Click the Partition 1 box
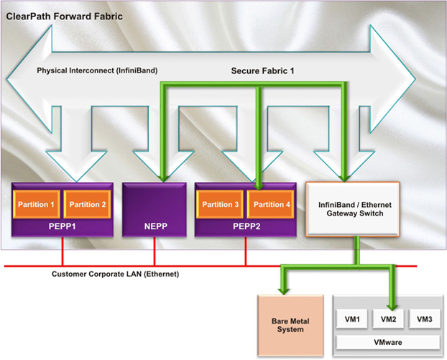(38, 205)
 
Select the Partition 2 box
(88, 205)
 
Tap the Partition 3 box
(221, 205)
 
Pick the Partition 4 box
(270, 205)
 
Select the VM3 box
(425, 318)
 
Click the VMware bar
(390, 343)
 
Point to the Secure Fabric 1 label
(263, 72)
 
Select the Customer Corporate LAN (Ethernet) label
(115, 274)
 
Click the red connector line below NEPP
(155, 253)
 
